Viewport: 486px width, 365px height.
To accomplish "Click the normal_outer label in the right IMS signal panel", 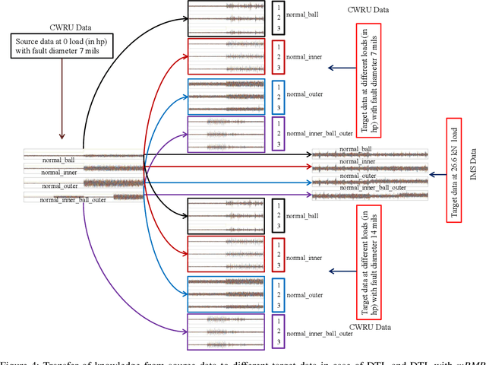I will (x=357, y=176).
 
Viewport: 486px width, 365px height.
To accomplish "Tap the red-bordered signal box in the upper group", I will (x=227, y=57).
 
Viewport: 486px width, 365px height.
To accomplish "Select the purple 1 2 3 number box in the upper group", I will (x=279, y=134).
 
